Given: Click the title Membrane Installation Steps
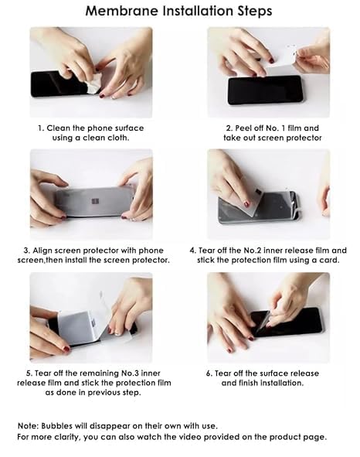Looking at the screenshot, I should click(178, 12).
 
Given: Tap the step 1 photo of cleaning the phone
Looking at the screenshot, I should click(91, 72).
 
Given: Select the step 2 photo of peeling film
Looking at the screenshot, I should click(268, 72).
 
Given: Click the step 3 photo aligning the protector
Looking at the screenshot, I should click(91, 195).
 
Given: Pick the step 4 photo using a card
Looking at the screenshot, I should click(268, 195).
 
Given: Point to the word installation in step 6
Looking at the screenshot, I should click(280, 383).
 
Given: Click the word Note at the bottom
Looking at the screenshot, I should click(29, 426).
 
